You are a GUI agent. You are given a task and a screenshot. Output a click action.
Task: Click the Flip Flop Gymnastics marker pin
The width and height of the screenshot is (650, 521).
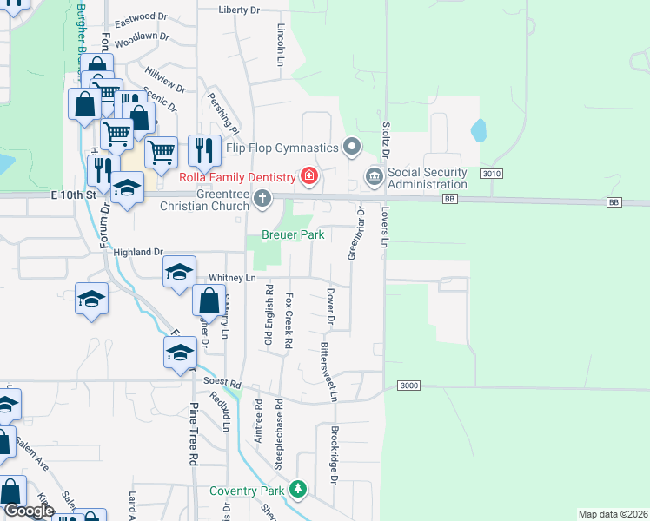(352, 147)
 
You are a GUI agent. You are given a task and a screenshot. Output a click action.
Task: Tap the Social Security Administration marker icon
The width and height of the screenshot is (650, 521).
(375, 177)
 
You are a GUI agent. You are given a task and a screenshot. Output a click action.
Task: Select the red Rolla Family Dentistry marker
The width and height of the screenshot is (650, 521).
(308, 177)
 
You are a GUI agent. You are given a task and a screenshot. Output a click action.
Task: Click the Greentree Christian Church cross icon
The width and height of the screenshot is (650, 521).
(262, 201)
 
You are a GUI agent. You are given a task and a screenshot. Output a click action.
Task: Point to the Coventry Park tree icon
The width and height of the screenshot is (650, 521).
(298, 490)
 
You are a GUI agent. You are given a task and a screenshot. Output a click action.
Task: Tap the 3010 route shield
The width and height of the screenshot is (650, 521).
(491, 174)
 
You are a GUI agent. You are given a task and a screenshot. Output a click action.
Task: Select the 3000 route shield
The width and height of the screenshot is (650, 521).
(410, 385)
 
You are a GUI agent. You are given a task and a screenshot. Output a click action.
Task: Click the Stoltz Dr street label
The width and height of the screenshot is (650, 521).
(386, 139)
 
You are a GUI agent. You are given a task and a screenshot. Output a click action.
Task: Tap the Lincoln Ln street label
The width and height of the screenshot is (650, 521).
(281, 50)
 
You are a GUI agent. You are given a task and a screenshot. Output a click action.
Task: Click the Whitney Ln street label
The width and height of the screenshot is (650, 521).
(232, 278)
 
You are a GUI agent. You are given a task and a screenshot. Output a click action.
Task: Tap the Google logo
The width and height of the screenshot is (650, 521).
(30, 510)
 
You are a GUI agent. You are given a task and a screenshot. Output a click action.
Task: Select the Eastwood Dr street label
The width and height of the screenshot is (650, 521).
(141, 16)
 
